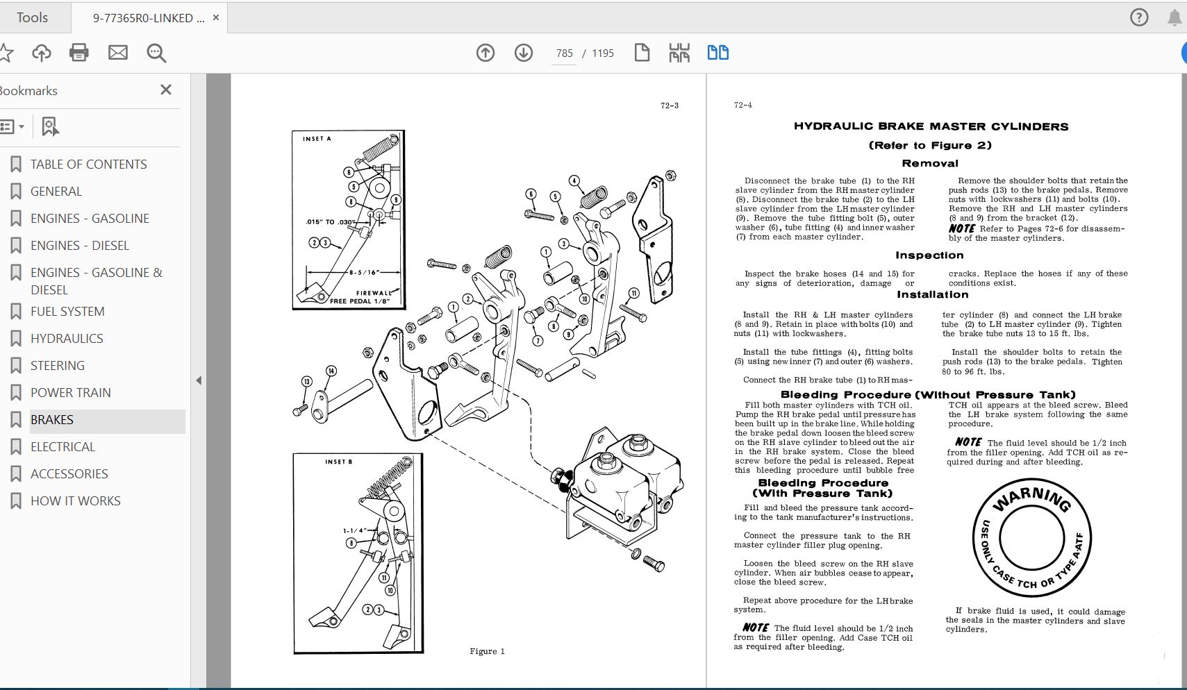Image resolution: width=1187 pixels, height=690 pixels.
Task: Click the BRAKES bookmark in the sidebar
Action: pyautogui.click(x=52, y=420)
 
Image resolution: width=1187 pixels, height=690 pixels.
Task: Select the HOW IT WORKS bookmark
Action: pyautogui.click(x=75, y=501)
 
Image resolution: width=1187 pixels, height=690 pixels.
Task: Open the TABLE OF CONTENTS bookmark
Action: pyautogui.click(x=88, y=165)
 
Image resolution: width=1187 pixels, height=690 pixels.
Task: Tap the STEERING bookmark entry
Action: pyautogui.click(x=58, y=366)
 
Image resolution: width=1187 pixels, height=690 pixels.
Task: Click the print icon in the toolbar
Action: pyautogui.click(x=79, y=53)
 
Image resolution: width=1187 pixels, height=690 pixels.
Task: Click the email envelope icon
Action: pyautogui.click(x=118, y=53)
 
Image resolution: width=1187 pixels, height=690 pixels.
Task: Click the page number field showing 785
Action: pyautogui.click(x=564, y=53)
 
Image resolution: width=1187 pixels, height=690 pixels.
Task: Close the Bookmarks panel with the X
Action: pyautogui.click(x=165, y=90)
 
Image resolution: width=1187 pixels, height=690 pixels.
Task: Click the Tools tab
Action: pyautogui.click(x=32, y=17)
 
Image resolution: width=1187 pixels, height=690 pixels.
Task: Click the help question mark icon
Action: pyautogui.click(x=1139, y=17)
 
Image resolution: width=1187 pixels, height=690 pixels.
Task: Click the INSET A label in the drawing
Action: pyautogui.click(x=317, y=139)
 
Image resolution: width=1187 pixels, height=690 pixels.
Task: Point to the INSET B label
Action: pyautogui.click(x=338, y=462)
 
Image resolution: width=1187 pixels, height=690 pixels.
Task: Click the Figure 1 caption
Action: pyautogui.click(x=487, y=651)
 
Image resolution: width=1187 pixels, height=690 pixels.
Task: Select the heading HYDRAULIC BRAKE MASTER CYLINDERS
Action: pyautogui.click(x=931, y=126)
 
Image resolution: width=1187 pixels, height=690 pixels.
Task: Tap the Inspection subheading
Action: pyautogui.click(x=929, y=255)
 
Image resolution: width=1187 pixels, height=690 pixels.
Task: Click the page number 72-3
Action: pyautogui.click(x=669, y=106)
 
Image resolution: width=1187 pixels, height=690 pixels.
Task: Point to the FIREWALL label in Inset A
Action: pyautogui.click(x=374, y=293)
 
